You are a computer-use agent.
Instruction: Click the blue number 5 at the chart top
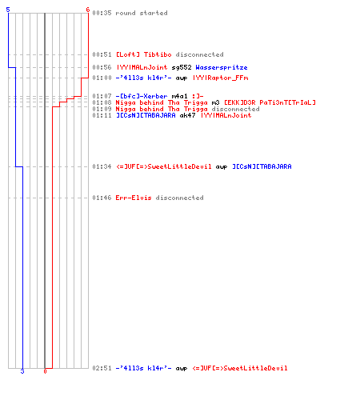(x=8, y=10)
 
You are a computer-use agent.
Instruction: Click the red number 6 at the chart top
(x=88, y=10)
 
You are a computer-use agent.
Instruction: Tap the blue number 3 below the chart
(x=22, y=371)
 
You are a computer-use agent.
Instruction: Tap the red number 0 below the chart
(x=45, y=371)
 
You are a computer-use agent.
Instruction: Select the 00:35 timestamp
(x=102, y=13)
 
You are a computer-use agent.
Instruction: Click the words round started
(x=142, y=13)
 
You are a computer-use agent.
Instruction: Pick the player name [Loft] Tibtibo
(x=144, y=54)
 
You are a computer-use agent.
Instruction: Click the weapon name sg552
(x=182, y=67)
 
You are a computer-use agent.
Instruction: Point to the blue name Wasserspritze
(x=222, y=67)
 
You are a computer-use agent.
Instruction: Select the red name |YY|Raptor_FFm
(x=221, y=78)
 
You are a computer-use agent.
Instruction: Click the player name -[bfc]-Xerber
(x=142, y=96)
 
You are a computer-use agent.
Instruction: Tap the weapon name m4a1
(x=179, y=96)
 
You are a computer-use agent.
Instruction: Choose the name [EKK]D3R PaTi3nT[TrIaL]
(x=270, y=102)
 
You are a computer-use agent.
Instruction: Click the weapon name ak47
(x=187, y=115)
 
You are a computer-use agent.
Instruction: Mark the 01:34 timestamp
(x=102, y=166)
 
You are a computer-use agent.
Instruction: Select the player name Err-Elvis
(x=134, y=198)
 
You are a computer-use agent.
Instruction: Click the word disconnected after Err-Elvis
(x=179, y=198)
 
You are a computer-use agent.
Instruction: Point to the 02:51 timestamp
(x=102, y=368)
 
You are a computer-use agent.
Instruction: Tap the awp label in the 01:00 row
(x=182, y=78)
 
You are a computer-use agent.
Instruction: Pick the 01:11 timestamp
(x=102, y=115)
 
